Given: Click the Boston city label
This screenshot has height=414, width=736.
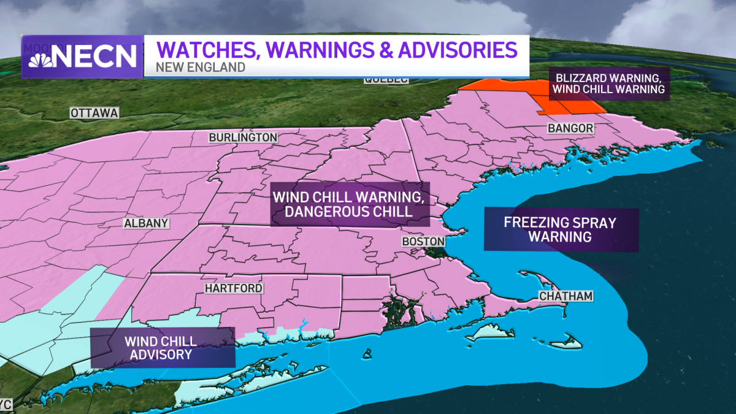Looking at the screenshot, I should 423,242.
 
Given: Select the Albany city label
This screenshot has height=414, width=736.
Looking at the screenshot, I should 146,223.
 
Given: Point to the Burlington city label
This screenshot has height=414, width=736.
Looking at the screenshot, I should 243,137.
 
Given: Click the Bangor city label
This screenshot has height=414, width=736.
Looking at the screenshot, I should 570,129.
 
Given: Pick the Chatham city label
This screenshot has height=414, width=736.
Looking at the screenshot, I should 565,296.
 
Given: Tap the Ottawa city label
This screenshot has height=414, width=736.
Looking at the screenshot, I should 94,113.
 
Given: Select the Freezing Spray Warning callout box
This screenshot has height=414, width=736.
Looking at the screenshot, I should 561,229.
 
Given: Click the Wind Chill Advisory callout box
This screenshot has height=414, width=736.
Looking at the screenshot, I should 163,347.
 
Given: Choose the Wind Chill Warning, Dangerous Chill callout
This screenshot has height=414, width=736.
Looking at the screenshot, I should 350,205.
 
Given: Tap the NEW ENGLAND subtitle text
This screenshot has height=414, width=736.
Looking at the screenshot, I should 201,67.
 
